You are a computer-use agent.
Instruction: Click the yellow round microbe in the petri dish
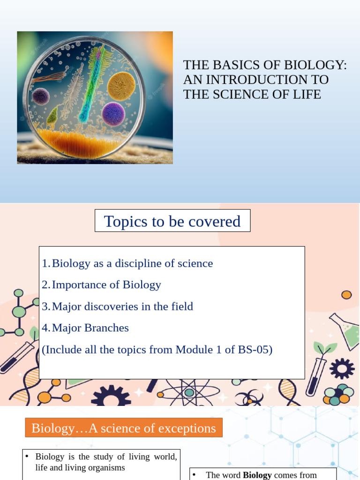pos(121,86)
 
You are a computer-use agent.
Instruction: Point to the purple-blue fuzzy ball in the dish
pos(113,114)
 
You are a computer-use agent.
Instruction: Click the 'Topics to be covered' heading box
pos(172,221)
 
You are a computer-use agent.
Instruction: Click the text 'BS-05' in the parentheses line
pos(256,350)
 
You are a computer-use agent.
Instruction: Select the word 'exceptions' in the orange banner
pos(187,428)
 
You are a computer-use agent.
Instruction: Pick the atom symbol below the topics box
pos(189,392)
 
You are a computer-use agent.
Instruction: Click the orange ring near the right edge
pos(346,295)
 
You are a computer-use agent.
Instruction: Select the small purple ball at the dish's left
pos(41,97)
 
